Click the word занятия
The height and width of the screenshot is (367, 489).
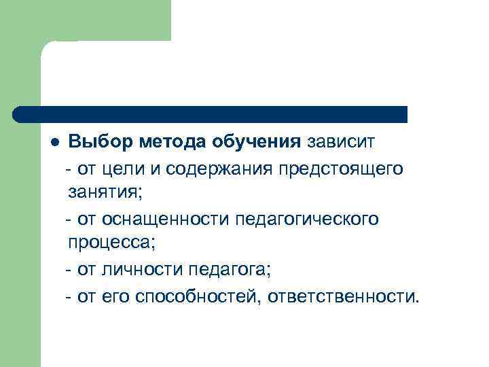[105, 193]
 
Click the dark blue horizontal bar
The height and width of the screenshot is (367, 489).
[211, 114]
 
